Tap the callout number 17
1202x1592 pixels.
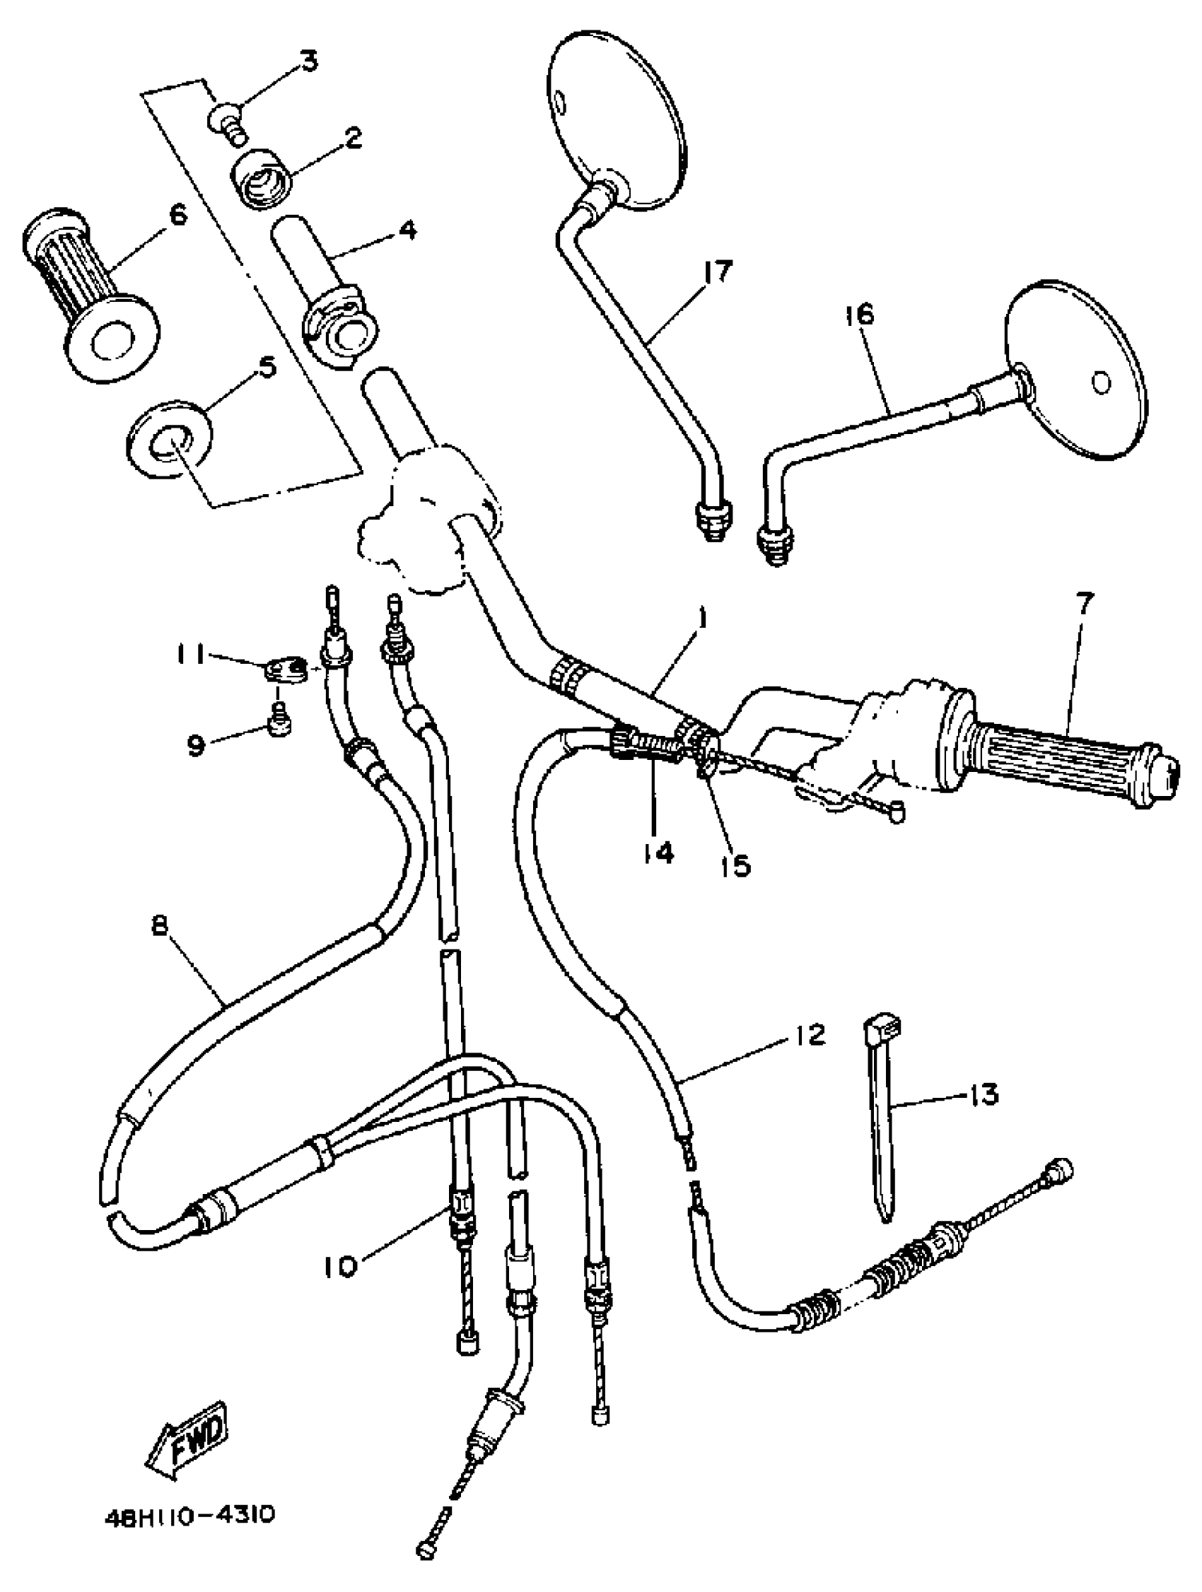pyautogui.click(x=717, y=272)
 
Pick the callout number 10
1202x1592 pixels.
pyautogui.click(x=339, y=1266)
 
